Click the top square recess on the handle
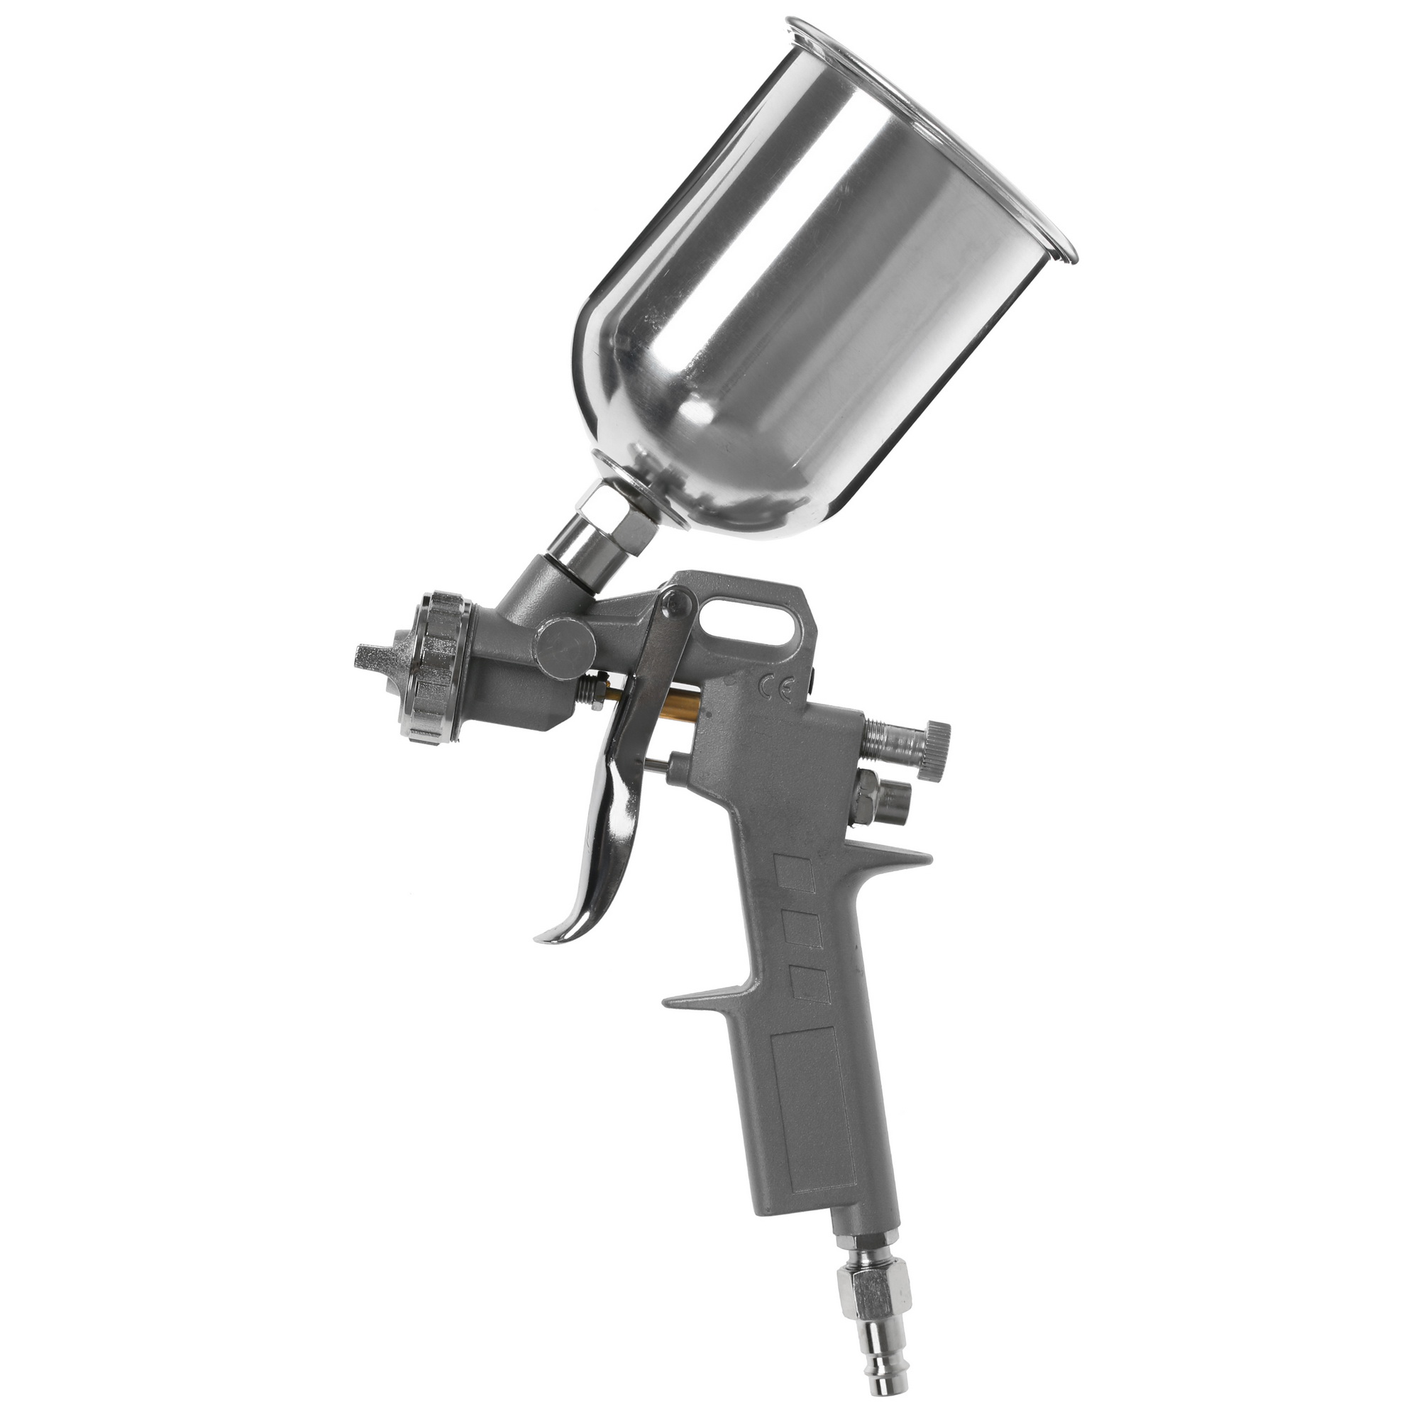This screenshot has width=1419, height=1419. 796,878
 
